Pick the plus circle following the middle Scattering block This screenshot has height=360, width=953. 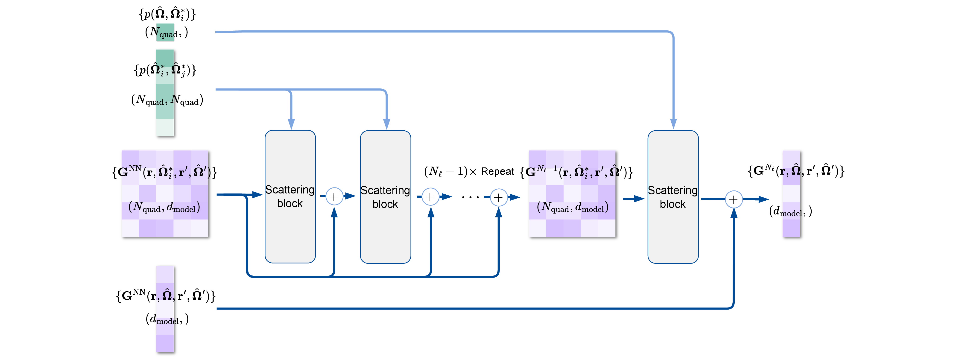430,197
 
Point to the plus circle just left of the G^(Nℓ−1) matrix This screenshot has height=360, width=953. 498,198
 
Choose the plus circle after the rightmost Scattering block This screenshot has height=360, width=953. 733,200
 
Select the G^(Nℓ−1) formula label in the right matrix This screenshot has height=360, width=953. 573,172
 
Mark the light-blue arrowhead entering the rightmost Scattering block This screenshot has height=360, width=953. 673,124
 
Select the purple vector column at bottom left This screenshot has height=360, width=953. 165,309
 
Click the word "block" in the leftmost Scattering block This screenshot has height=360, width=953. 290,204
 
